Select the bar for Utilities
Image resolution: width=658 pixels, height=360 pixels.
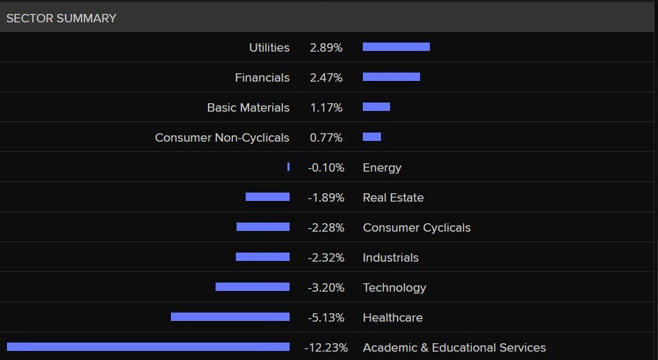[x=396, y=47]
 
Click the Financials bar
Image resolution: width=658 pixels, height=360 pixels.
[x=391, y=77]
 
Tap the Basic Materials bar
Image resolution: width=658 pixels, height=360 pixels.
[x=376, y=107]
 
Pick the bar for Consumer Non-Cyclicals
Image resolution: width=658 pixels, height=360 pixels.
[x=371, y=137]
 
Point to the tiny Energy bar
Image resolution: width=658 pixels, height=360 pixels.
[x=288, y=167]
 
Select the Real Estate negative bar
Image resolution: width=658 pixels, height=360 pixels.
[x=267, y=197]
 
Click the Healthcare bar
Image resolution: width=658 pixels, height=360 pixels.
[x=230, y=317]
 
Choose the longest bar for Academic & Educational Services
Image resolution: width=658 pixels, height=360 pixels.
[x=148, y=347]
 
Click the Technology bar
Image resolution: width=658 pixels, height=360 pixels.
[x=252, y=287]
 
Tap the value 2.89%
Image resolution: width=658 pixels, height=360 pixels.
[x=326, y=47]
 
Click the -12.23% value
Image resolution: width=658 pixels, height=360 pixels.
[x=326, y=347]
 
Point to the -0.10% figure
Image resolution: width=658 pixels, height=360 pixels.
[x=326, y=167]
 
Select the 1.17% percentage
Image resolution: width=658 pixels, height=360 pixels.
[x=326, y=107]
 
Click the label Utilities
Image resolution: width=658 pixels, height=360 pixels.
[x=269, y=47]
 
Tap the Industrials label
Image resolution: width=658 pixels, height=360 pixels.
[x=390, y=257]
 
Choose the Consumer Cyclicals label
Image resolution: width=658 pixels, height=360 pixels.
[x=417, y=227]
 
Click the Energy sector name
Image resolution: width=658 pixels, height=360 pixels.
[x=382, y=167]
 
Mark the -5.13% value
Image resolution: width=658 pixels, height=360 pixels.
[x=326, y=317]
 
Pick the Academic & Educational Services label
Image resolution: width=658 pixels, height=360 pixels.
[x=454, y=347]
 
